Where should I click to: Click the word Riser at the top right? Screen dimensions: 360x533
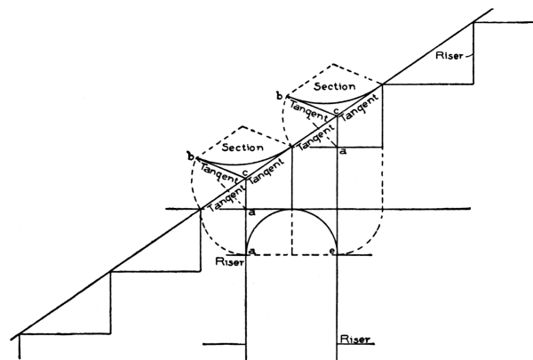[451, 55]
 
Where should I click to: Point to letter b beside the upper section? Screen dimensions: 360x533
[280, 94]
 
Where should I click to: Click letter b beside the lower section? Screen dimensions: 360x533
[190, 156]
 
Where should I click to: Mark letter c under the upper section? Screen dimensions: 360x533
[335, 110]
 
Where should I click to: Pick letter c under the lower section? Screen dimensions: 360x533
[243, 172]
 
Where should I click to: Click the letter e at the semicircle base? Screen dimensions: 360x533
[334, 253]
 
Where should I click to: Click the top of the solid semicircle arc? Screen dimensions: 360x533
[292, 210]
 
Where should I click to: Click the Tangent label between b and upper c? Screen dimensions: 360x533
[305, 109]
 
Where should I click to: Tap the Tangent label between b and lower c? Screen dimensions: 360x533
[216, 168]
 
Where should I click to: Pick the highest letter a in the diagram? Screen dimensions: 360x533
[344, 153]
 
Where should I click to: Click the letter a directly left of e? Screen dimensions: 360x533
[252, 253]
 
